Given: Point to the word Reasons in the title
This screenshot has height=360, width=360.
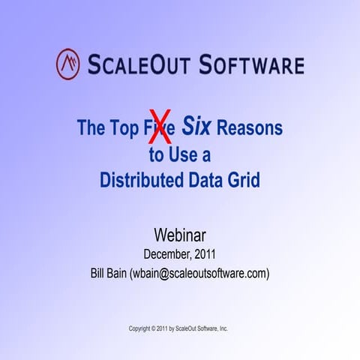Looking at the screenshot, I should (x=250, y=127).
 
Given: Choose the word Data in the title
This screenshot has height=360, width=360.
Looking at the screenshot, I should (x=212, y=181).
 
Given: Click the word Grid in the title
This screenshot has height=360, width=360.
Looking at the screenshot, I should (x=247, y=181).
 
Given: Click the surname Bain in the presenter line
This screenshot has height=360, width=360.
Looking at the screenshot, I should (x=125, y=274).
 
